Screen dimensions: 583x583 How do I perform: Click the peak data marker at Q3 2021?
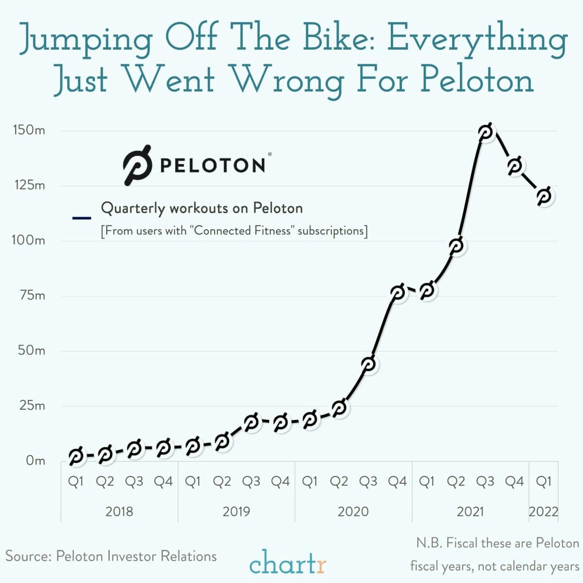click(485, 131)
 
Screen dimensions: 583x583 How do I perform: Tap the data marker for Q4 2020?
click(398, 292)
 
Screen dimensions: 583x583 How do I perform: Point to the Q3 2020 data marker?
click(368, 364)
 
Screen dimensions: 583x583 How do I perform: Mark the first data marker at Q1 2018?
click(75, 456)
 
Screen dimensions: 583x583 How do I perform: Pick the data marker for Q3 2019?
click(251, 422)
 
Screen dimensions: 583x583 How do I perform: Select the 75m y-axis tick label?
click(32, 295)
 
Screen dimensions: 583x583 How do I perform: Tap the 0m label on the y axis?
click(35, 460)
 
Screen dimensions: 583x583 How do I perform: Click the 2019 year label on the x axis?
click(236, 511)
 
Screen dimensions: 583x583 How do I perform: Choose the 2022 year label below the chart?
click(543, 511)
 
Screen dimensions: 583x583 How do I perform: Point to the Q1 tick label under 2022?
click(543, 481)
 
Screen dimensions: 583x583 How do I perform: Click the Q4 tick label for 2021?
click(514, 481)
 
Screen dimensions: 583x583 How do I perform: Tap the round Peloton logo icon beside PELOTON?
click(137, 165)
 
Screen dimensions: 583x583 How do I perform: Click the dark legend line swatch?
click(81, 218)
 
